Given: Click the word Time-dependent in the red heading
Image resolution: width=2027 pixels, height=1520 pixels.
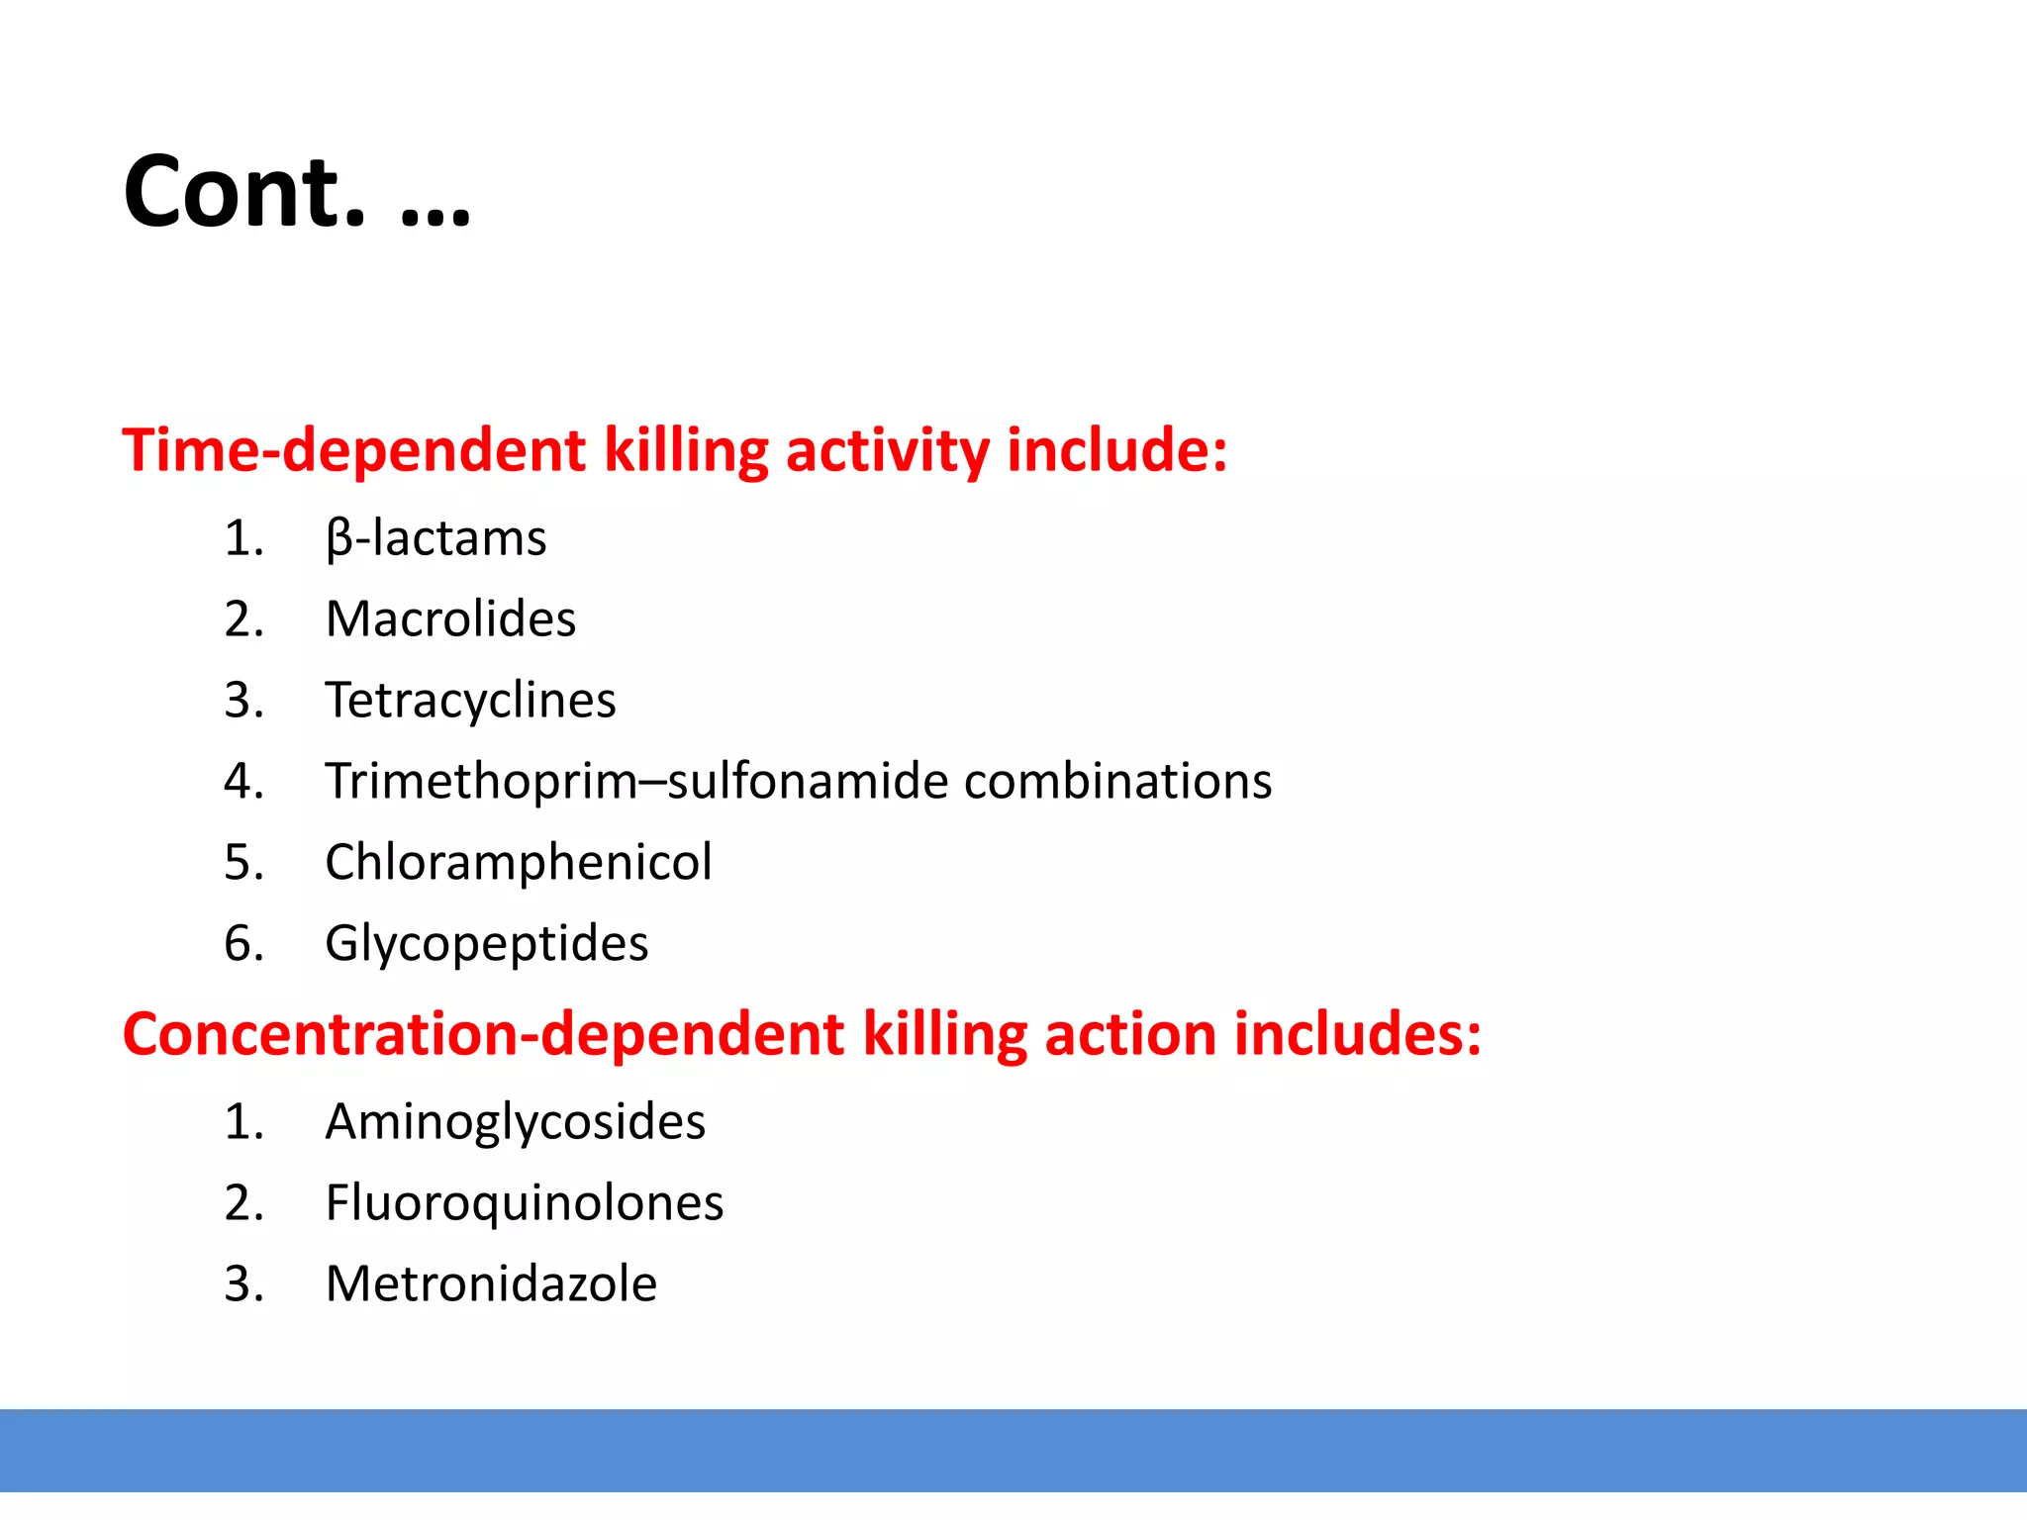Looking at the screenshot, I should click(353, 450).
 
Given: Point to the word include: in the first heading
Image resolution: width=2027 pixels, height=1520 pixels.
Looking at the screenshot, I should click(1117, 450).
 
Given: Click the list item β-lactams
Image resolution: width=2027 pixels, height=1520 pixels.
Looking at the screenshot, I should click(435, 538).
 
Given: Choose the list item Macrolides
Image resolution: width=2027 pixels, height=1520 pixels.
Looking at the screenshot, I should click(450, 619).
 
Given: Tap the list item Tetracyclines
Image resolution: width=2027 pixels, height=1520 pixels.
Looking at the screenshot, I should click(470, 701).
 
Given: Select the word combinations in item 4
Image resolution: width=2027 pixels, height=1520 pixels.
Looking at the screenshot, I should click(1117, 781).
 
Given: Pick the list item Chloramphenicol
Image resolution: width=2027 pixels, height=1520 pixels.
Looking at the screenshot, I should click(518, 862).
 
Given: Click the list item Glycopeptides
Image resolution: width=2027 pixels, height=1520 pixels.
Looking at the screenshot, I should click(486, 943).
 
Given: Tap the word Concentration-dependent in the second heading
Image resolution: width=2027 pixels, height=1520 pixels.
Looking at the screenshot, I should click(483, 1034).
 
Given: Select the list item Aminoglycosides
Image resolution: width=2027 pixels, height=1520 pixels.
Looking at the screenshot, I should click(515, 1122).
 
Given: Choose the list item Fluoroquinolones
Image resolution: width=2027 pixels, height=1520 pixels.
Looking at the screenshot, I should click(525, 1203).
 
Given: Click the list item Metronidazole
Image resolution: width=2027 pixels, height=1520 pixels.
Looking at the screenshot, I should click(491, 1284).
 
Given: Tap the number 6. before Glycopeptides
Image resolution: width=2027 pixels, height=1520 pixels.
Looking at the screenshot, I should click(243, 943).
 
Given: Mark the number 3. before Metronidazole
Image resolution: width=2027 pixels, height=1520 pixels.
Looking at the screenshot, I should click(243, 1284).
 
